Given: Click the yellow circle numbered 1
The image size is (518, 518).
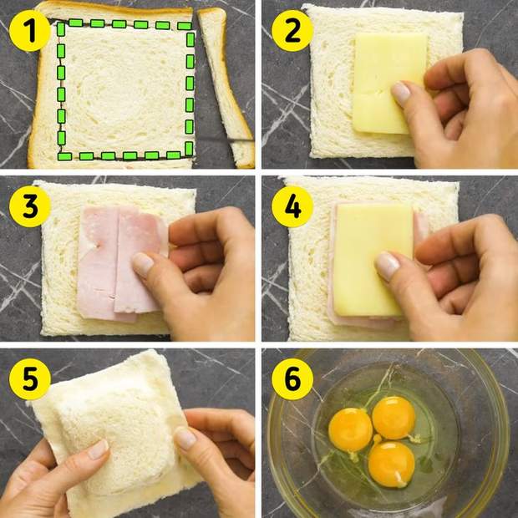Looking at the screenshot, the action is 30,31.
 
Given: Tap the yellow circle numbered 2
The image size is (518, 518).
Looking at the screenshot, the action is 292,31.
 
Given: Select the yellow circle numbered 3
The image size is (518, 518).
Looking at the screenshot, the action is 30,206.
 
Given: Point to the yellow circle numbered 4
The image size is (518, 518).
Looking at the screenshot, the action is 292,206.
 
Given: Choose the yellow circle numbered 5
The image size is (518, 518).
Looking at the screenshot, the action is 30,379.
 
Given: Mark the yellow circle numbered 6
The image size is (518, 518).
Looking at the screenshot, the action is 292,379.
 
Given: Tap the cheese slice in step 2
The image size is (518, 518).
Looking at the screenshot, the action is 387,83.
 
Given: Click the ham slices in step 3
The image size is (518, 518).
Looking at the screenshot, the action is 120,263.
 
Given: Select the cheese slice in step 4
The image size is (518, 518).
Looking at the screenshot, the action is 372,259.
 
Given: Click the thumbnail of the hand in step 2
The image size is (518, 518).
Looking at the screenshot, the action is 400,94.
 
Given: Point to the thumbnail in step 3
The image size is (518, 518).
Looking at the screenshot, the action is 143,264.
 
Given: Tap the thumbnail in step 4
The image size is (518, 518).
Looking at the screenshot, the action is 387,265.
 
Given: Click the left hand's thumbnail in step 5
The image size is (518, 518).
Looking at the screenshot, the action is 99,449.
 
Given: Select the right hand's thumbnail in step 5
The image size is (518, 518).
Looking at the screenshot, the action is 185,438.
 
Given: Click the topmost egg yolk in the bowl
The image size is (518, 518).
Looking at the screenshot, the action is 394,418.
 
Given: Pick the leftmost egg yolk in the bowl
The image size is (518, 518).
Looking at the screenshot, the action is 351,429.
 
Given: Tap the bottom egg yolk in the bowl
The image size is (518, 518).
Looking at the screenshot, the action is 392,465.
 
